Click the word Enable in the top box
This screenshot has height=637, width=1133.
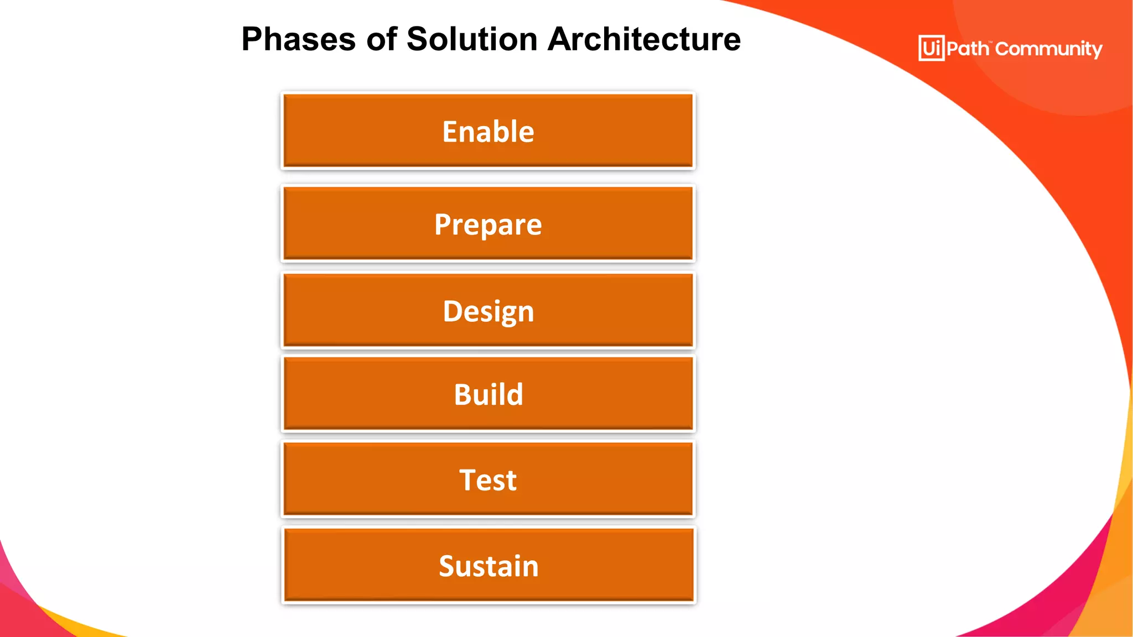pos(488,132)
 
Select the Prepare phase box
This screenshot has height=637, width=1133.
pos(488,223)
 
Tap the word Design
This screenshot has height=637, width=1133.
pos(488,311)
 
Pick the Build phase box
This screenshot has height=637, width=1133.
pos(488,394)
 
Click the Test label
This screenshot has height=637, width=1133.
pos(488,480)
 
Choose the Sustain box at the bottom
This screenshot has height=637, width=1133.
pos(488,565)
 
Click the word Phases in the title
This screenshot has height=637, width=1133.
pos(299,40)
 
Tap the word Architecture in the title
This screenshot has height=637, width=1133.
pos(644,40)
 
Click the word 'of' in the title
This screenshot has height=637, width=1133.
pos(382,40)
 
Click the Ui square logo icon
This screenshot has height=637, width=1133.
pos(931,48)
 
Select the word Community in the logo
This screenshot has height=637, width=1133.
pos(1048,49)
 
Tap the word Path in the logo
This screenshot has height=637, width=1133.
pos(967,49)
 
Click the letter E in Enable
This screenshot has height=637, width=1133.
pos(450,132)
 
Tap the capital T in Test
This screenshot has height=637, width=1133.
pos(468,480)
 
